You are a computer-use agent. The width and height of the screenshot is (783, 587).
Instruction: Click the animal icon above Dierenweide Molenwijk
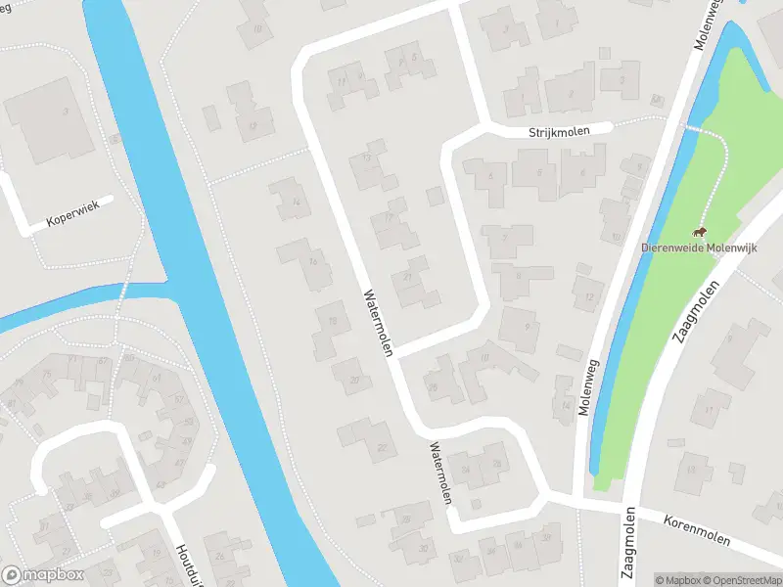(x=700, y=232)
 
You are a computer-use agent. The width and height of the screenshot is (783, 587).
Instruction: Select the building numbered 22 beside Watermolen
(x=381, y=447)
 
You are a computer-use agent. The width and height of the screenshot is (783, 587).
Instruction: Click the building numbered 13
(x=368, y=158)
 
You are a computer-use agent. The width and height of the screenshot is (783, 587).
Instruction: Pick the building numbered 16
(x=312, y=261)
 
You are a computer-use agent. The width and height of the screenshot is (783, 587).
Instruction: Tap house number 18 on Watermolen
(x=334, y=321)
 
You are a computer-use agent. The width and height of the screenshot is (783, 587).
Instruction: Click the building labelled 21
(x=407, y=277)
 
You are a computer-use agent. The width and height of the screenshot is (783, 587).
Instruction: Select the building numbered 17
(x=390, y=217)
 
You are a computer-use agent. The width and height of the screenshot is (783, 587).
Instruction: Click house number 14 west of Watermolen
(x=295, y=202)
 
